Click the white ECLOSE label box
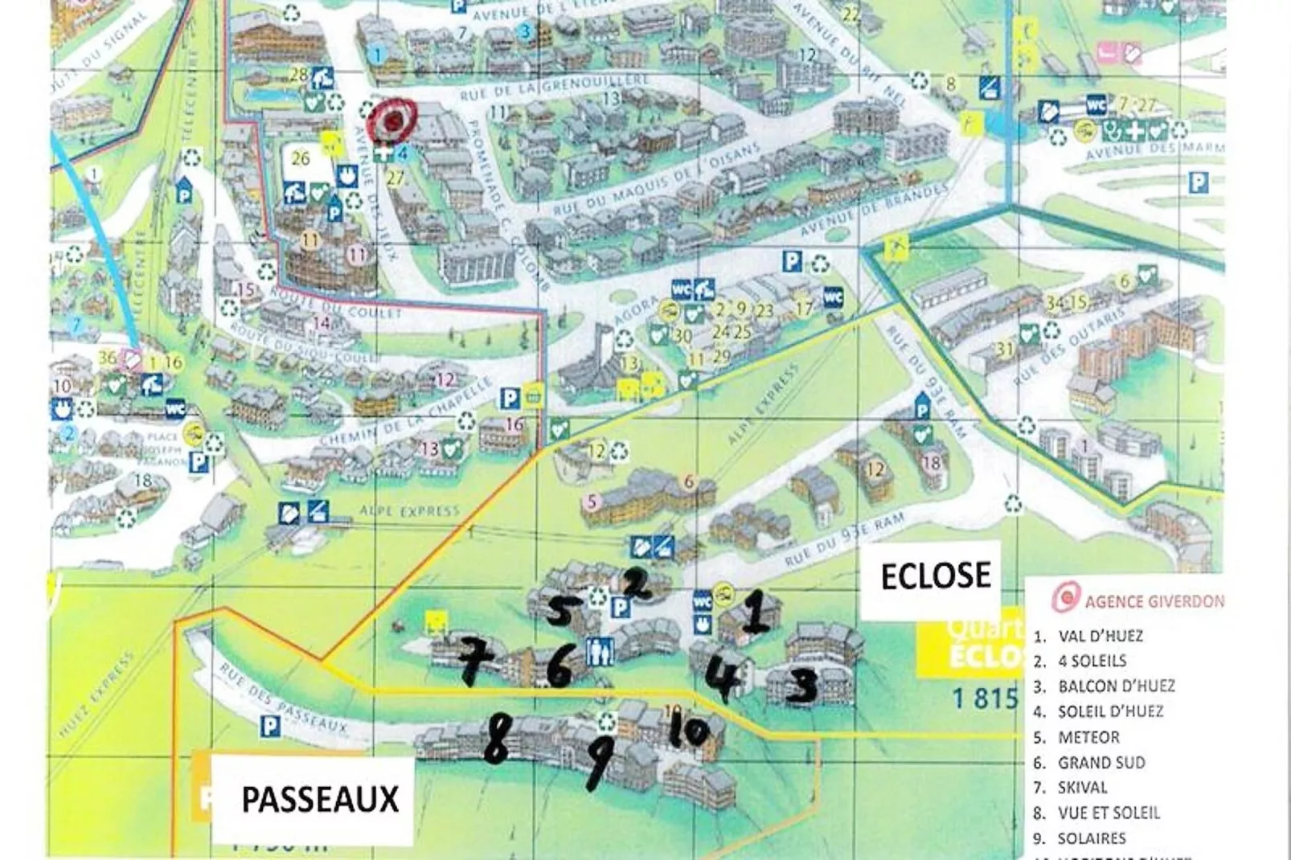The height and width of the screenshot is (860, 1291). pyautogui.click(x=936, y=576)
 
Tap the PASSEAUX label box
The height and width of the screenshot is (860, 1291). pyautogui.click(x=320, y=799)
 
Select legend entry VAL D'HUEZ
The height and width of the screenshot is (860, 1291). pyautogui.click(x=1100, y=636)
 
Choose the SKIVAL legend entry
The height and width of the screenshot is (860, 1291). pyautogui.click(x=1082, y=788)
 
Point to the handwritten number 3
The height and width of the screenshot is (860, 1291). pyautogui.click(x=801, y=686)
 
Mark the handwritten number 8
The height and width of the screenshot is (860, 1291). pyautogui.click(x=496, y=739)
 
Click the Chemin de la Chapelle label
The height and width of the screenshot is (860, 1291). pyautogui.click(x=407, y=414)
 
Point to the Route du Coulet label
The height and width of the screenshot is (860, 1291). pyautogui.click(x=334, y=305)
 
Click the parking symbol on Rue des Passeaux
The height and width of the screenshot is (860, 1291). pyautogui.click(x=271, y=727)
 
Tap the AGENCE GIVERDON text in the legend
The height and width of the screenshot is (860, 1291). pyautogui.click(x=1154, y=601)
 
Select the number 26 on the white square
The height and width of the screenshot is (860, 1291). pyautogui.click(x=301, y=159)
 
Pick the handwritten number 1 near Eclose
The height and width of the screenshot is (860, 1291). pyautogui.click(x=755, y=612)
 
